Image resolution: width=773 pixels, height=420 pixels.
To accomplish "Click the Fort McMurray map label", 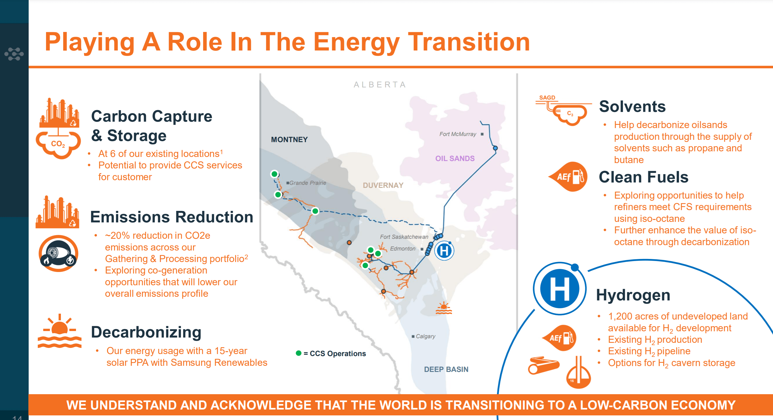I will click(458, 134).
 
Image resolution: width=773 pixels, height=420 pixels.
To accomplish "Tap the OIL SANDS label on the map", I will click(455, 158).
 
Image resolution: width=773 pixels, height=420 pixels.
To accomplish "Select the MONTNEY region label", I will click(289, 139).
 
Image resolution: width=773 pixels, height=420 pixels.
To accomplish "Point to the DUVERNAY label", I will click(383, 185).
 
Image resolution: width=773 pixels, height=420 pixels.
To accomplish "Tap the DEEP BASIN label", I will click(446, 369).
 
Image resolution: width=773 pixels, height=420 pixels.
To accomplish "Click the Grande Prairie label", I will click(307, 183).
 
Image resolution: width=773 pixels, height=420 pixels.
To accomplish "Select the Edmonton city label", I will click(402, 248).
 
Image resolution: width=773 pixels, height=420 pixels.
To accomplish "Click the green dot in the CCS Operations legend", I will click(298, 353).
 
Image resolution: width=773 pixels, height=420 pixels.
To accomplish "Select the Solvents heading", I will click(632, 106).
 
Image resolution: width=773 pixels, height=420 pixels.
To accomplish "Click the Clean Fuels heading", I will click(643, 177).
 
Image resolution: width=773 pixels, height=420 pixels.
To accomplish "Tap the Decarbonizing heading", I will click(146, 332).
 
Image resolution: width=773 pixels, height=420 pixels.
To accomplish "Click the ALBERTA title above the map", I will click(380, 85).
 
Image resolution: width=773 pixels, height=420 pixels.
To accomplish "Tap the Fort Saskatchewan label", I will click(404, 237).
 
